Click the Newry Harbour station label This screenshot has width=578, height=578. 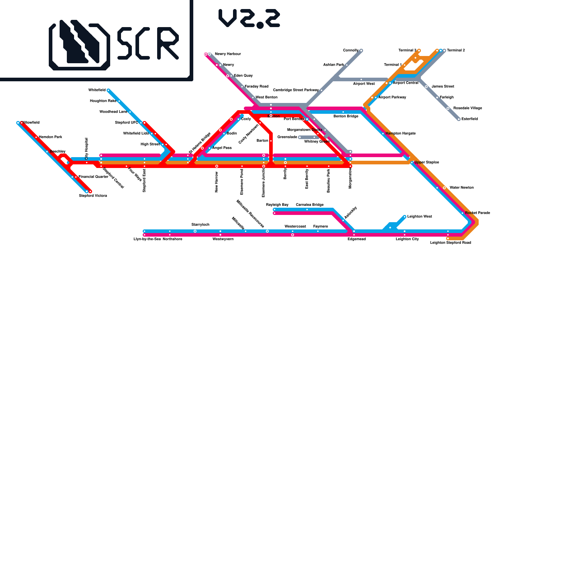[x=228, y=54]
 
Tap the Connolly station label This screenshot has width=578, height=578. [x=350, y=51]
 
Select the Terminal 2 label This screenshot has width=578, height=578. [x=456, y=51]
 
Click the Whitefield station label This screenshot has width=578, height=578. [x=97, y=90]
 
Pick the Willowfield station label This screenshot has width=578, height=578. [x=31, y=123]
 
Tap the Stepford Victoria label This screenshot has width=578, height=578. [x=93, y=196]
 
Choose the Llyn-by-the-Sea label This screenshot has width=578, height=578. [x=147, y=239]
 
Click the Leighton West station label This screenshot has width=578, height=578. [x=419, y=217]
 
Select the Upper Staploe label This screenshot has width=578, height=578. [x=427, y=163]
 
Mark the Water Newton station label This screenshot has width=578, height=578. [x=461, y=188]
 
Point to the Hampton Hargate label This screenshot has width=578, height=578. [x=400, y=134]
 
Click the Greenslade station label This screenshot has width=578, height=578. [x=287, y=137]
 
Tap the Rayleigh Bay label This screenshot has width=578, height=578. [x=277, y=205]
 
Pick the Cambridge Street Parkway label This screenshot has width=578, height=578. [x=296, y=90]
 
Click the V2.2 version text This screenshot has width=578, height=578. [x=249, y=18]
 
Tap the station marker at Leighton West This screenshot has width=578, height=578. [x=405, y=217]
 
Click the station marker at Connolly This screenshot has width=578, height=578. [x=361, y=51]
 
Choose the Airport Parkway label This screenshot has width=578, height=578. [x=392, y=98]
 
